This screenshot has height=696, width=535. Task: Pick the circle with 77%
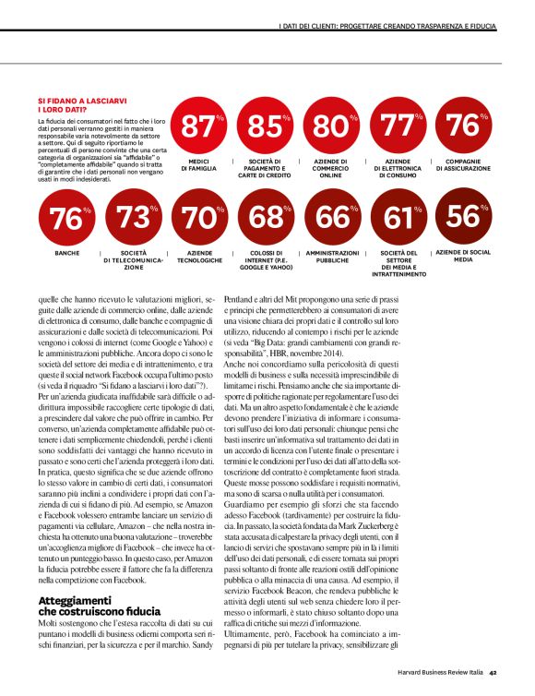(x=398, y=126)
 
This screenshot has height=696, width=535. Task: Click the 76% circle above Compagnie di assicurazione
(x=463, y=126)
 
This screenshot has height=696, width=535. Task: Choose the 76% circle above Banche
(x=66, y=219)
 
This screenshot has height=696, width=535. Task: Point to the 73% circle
(x=134, y=219)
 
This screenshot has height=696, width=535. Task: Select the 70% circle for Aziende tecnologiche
(x=199, y=219)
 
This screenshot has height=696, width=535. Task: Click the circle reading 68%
(x=266, y=219)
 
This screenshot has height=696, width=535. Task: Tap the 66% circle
(x=332, y=219)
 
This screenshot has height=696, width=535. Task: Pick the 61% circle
(x=398, y=219)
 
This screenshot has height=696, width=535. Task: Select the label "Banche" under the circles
(x=66, y=252)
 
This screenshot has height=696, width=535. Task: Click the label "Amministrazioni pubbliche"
(x=332, y=256)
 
